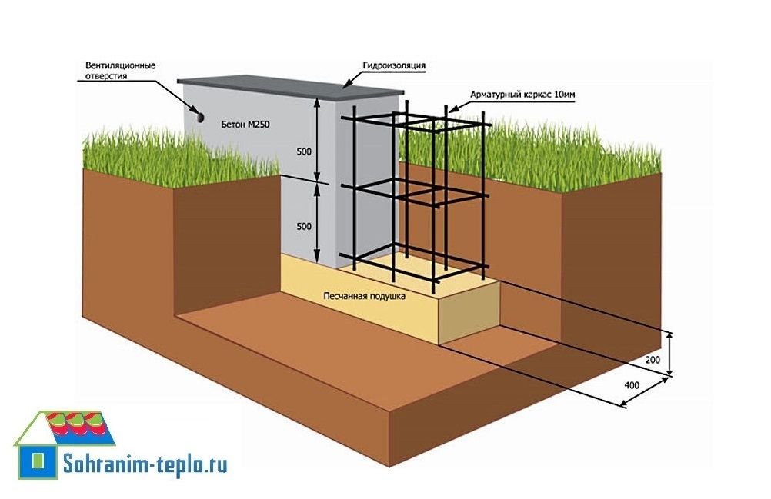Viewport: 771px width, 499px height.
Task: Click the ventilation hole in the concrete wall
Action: click(x=199, y=116)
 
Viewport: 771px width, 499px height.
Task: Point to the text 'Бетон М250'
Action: click(x=243, y=124)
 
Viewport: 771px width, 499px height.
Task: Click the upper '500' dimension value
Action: click(x=304, y=151)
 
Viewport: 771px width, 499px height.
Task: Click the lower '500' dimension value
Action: click(x=304, y=226)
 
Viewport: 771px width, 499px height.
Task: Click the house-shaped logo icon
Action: click(x=65, y=442)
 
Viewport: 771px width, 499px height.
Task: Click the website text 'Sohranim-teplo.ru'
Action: click(x=145, y=464)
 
